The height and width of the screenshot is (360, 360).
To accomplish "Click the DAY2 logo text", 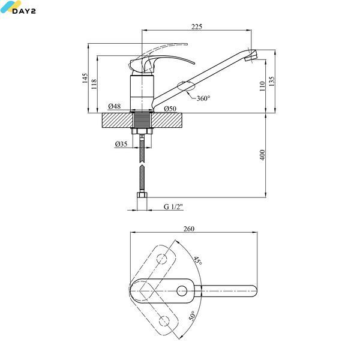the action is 24,11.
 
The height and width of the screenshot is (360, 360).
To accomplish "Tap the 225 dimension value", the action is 197,26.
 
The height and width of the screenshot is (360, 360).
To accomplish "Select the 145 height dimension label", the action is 85,78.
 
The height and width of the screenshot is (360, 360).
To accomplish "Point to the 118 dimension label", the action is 94,84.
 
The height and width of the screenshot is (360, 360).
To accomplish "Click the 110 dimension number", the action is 262,86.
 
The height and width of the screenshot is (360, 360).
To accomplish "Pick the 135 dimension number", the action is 271,81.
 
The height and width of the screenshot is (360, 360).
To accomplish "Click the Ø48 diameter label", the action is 115,106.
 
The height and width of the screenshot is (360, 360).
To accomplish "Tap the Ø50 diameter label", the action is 170,109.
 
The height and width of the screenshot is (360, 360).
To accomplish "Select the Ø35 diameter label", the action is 121,144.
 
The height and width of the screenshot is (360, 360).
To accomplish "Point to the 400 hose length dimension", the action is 262,155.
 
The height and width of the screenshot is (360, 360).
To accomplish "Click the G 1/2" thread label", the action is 173,206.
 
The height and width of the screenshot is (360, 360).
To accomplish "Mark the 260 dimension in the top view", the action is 189,229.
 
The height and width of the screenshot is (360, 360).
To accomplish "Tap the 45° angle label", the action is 197,260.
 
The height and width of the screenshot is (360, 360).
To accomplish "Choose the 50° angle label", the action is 192,316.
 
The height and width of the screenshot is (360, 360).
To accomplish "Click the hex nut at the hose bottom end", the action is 142,195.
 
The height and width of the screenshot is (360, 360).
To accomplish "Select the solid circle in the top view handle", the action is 182,291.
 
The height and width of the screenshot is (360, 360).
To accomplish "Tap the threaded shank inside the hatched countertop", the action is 142,119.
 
